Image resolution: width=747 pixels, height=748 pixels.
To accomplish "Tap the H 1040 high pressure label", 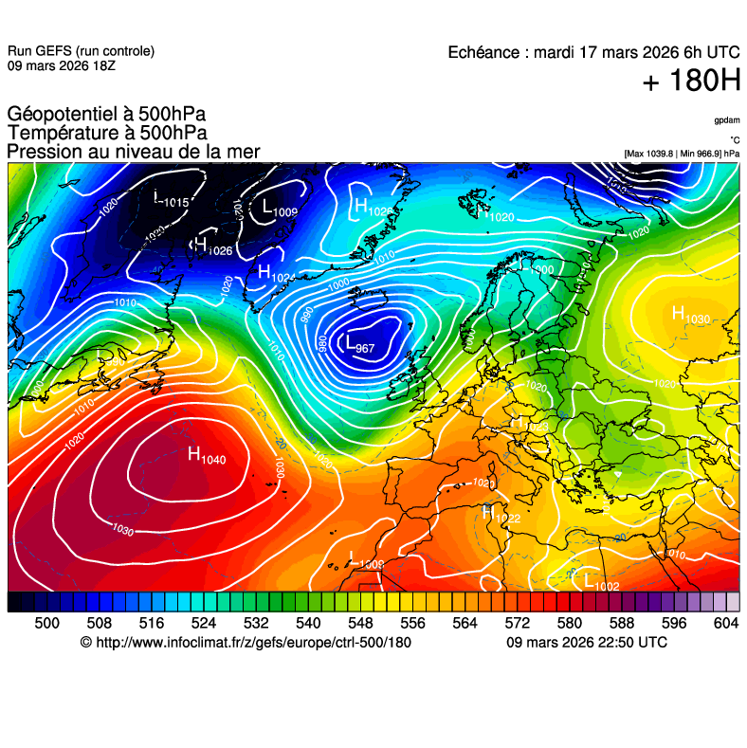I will [207, 456].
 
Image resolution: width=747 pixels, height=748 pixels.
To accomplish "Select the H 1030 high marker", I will [690, 315].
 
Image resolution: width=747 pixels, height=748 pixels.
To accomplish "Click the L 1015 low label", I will [171, 199].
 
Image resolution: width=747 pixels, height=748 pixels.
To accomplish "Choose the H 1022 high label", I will [501, 515].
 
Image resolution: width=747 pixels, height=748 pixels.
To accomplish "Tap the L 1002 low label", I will [601, 582].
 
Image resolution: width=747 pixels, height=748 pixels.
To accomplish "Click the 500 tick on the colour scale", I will [46, 623].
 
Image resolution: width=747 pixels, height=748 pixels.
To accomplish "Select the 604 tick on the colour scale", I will [726, 623].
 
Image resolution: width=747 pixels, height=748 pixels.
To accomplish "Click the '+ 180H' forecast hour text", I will [691, 82].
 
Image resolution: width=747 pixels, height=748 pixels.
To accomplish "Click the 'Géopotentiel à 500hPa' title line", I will [106, 115].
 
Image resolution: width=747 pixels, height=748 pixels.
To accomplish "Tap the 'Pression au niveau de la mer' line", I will [133, 152].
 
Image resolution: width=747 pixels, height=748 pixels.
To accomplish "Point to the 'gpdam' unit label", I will [727, 120].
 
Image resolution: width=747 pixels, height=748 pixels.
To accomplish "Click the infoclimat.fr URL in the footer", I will [254, 643].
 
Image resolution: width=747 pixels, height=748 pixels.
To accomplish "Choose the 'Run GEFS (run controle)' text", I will [81, 51].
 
